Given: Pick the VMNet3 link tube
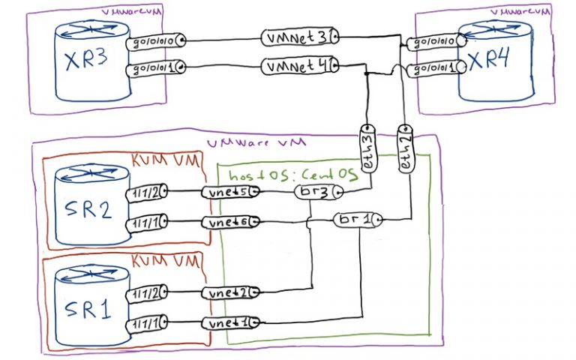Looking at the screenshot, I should coord(299,37).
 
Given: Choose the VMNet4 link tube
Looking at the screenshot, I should coord(299,67).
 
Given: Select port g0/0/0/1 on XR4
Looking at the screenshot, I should coord(431,70).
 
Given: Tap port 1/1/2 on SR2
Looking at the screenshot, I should coord(145,193).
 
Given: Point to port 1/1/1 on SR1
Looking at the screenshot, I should coord(145,323).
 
